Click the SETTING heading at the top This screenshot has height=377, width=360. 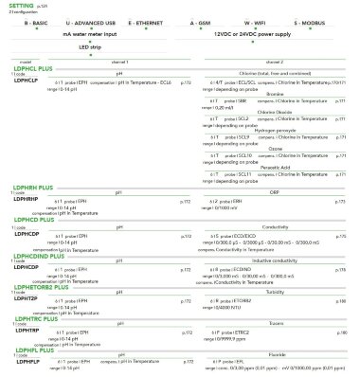pos(20,6)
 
